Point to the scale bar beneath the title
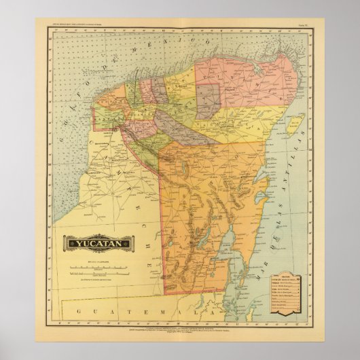coord(99,268)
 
